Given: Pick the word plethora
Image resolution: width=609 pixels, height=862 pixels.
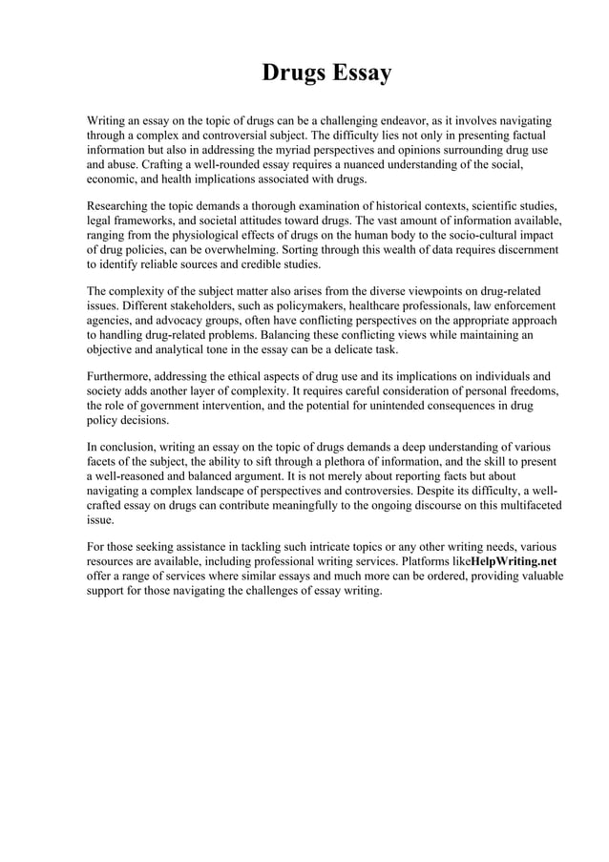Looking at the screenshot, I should pyautogui.click(x=344, y=461).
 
